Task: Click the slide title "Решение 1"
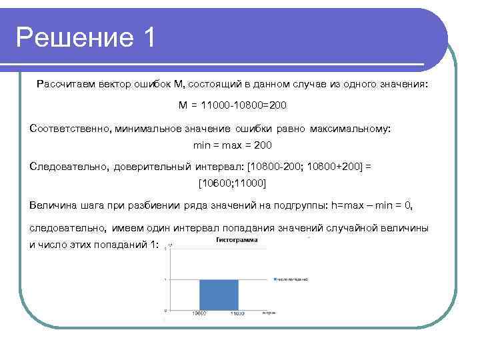pos(86,37)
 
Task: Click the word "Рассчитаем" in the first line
pos(64,85)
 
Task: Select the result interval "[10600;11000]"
pos(233,183)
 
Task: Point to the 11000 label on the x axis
pos(238,313)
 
